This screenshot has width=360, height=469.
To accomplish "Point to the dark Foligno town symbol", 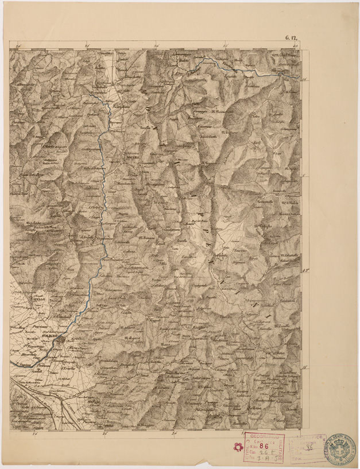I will tap(60, 343).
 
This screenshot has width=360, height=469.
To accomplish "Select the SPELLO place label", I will tap(38, 300).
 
